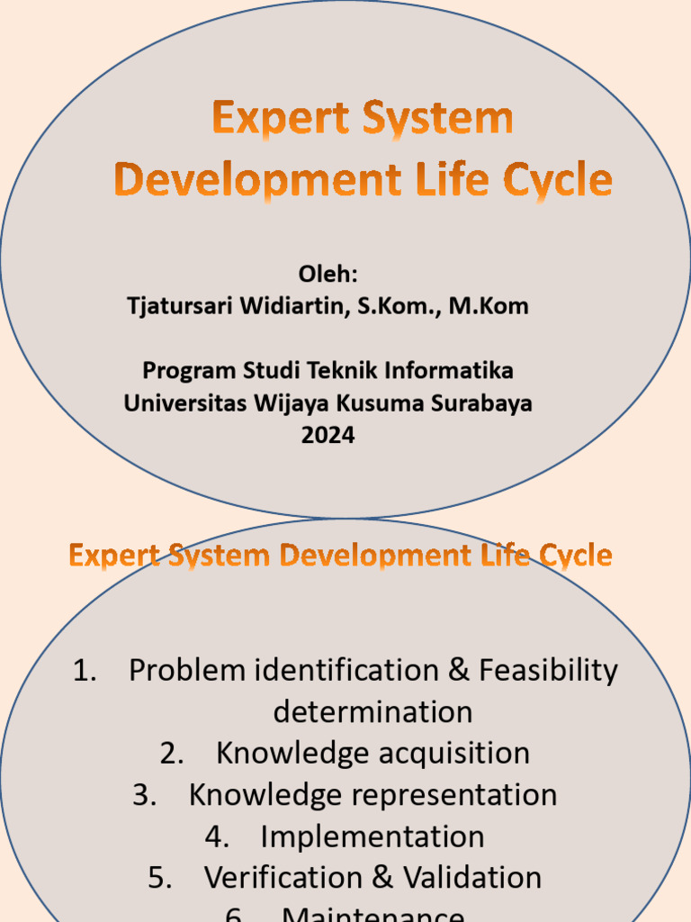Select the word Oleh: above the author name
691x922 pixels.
328,274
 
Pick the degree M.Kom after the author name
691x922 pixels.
489,306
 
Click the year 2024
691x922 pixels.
328,435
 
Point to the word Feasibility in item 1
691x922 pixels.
548,671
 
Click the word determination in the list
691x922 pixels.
372,712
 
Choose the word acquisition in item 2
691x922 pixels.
454,754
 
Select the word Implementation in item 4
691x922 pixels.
372,836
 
